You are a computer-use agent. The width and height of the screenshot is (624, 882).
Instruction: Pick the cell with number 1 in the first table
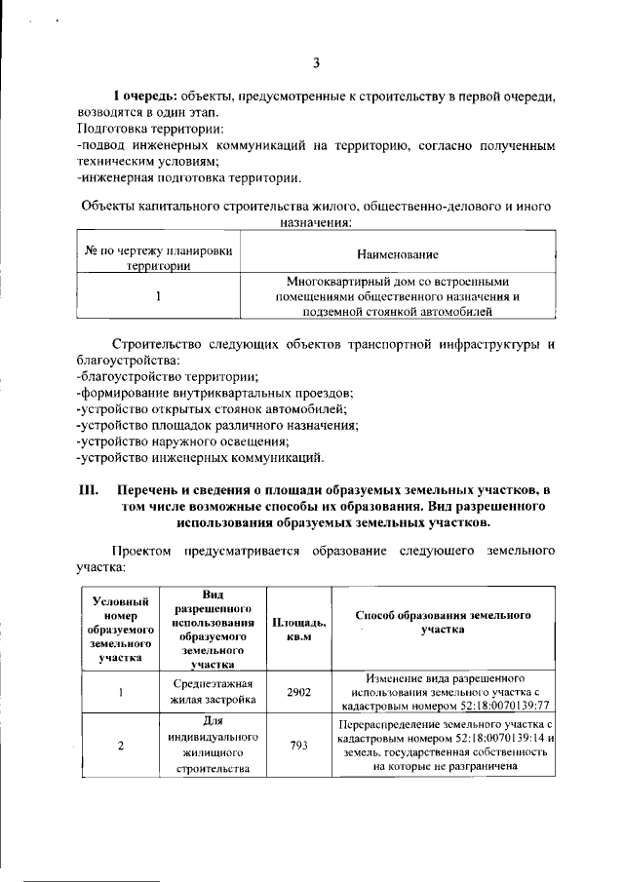pyautogui.click(x=158, y=295)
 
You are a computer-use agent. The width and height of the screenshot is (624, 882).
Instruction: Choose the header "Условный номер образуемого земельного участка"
pyautogui.click(x=119, y=630)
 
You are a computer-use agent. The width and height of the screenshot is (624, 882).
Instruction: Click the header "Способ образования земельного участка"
pyautogui.click(x=443, y=623)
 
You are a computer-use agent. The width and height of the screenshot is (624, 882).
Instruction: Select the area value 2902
pyautogui.click(x=298, y=692)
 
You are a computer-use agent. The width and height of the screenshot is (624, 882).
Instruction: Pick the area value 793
pyautogui.click(x=298, y=746)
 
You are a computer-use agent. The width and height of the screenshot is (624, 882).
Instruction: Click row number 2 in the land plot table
pyautogui.click(x=120, y=747)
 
